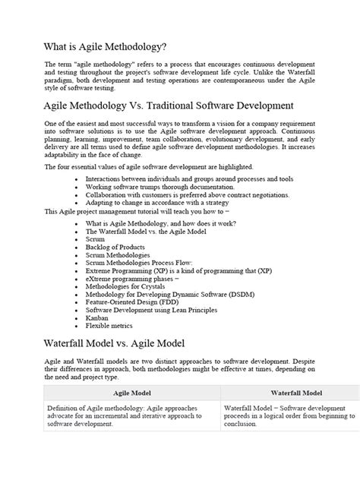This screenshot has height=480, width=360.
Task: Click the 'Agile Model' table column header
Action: [132, 394]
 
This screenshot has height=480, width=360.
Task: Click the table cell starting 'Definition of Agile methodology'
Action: [128, 415]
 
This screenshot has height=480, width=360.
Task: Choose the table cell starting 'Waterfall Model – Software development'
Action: [288, 415]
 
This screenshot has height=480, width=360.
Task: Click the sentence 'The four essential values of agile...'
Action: [149, 166]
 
